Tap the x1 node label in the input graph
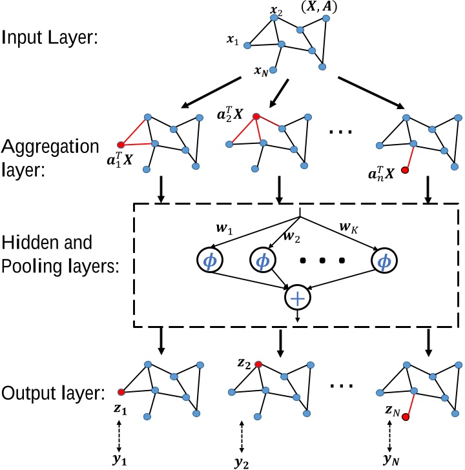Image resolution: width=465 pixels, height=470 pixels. coord(233,41)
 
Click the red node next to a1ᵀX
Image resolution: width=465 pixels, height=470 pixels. coord(119,146)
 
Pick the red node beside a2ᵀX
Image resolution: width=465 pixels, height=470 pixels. coord(257,117)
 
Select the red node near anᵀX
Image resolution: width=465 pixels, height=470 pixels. coord(405,171)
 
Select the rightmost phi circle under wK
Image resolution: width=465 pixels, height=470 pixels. coord(384,260)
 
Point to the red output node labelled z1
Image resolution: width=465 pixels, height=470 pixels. coord(120,391)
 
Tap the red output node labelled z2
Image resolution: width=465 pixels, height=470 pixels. coord(258,365)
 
